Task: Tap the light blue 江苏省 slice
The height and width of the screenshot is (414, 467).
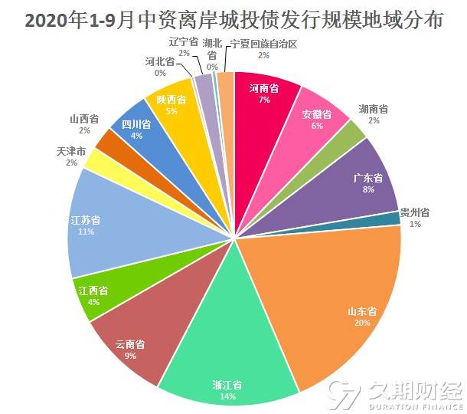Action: point(115,222)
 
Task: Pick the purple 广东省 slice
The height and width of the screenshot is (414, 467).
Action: point(360,176)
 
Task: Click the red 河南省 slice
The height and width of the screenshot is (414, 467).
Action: point(264,100)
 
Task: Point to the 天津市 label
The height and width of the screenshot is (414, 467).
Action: point(71,151)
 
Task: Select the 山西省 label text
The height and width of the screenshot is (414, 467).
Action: point(83,119)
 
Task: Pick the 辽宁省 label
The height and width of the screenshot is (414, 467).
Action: point(184,42)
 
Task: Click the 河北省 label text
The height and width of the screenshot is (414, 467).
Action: point(160,61)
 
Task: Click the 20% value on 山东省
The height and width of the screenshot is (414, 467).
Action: point(362,323)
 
